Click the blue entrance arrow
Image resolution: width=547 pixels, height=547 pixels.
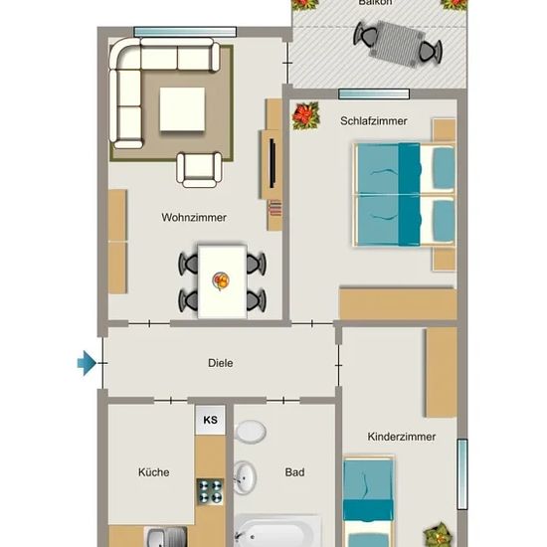pyautogui.click(x=87, y=363)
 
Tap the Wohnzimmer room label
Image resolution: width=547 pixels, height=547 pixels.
pyautogui.click(x=194, y=218)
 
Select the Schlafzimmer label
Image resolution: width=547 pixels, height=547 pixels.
pyautogui.click(x=374, y=121)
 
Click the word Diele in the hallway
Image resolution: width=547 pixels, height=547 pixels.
pyautogui.click(x=221, y=363)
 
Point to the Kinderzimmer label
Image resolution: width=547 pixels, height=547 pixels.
pyautogui.click(x=402, y=437)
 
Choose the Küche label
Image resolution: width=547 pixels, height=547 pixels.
pyautogui.click(x=154, y=472)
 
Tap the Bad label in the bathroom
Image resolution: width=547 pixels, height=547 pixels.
pyautogui.click(x=294, y=472)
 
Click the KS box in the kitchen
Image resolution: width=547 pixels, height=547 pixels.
pyautogui.click(x=210, y=420)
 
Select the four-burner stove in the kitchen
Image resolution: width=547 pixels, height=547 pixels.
pyautogui.click(x=210, y=491)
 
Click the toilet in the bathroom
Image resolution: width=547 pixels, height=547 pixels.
pyautogui.click(x=251, y=432)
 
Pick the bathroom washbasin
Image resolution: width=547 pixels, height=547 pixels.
pyautogui.click(x=245, y=477)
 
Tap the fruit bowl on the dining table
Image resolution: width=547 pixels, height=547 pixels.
pyautogui.click(x=221, y=280)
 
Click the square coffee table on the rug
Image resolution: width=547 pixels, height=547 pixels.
pyautogui.click(x=182, y=109)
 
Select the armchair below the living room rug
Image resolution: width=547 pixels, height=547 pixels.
pyautogui.click(x=199, y=170)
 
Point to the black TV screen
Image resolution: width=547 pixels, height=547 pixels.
pyautogui.click(x=273, y=163)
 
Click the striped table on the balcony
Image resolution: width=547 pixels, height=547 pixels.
pyautogui.click(x=398, y=45)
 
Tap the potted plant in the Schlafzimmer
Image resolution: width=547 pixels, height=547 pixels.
pyautogui.click(x=306, y=115)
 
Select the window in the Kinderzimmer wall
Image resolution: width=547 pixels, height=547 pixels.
pyautogui.click(x=462, y=474)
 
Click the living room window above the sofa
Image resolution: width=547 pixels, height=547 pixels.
pyautogui.click(x=185, y=32)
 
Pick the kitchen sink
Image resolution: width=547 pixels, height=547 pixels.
pyautogui.click(x=166, y=537)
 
